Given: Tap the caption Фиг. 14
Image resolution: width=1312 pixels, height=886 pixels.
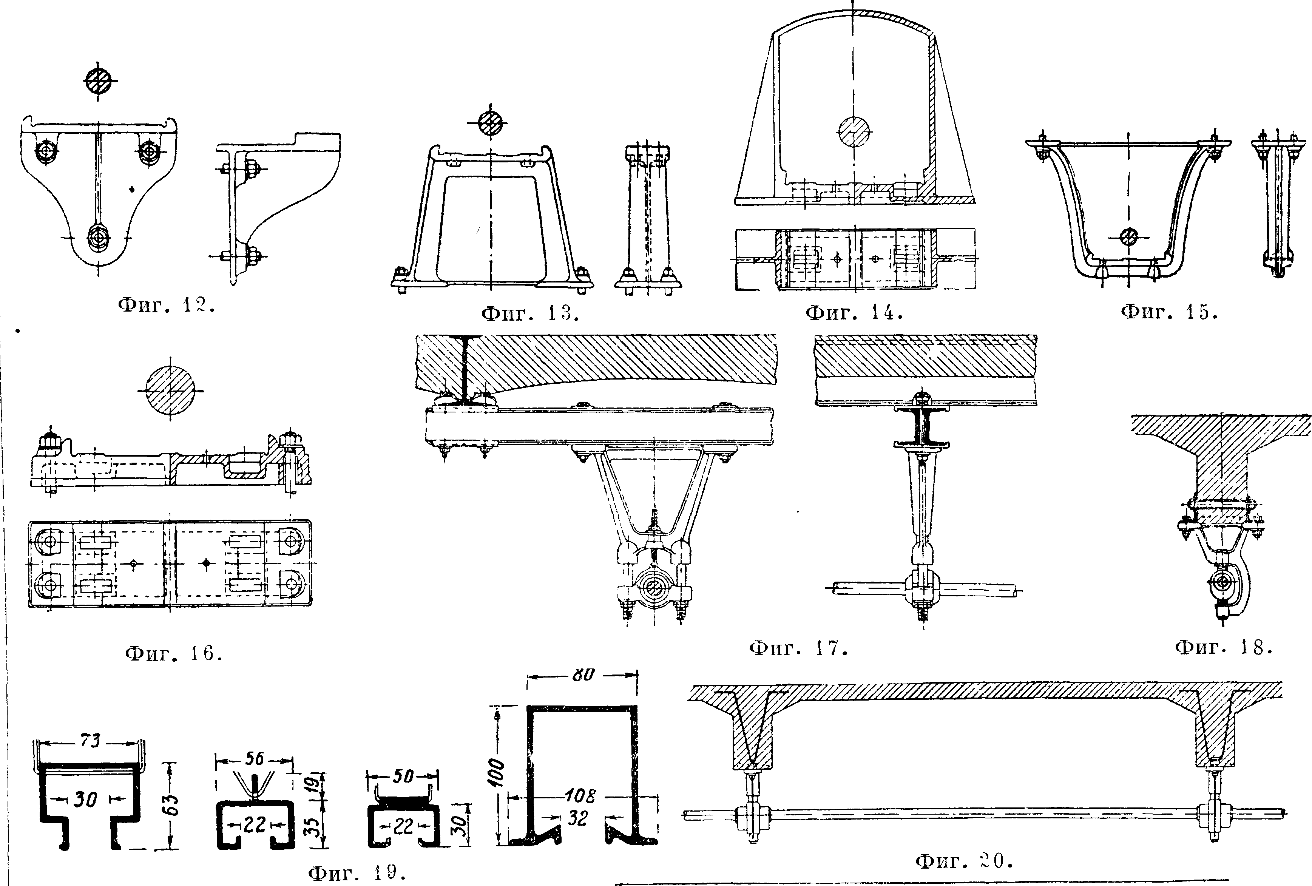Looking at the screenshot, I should (x=854, y=312).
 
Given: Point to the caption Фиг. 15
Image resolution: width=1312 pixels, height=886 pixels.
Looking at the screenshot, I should (x=1168, y=311).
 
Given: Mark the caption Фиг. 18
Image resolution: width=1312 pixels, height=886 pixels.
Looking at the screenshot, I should (x=1223, y=647).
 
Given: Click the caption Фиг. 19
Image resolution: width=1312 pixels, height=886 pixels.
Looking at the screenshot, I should (x=357, y=873).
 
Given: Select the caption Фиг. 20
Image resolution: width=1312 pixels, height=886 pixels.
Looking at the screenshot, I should (x=964, y=861).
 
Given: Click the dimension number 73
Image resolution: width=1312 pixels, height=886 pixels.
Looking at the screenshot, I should (x=90, y=740).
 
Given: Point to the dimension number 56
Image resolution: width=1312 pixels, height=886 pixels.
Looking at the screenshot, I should (x=255, y=758).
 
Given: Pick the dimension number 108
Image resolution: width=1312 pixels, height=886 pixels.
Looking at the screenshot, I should (x=580, y=796).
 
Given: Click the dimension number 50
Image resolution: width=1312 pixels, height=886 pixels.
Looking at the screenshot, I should (x=403, y=776).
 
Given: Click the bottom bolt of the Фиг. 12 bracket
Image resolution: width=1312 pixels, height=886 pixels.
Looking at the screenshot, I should (x=99, y=237).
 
